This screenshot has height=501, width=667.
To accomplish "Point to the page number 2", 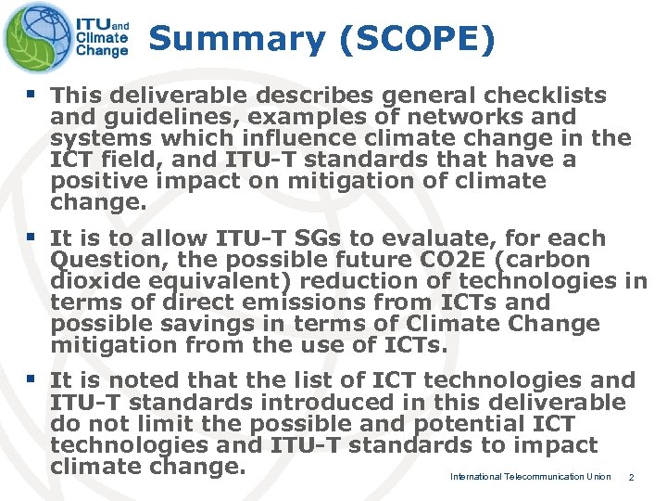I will point(631,477).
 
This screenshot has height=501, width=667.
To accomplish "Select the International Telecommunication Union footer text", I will point(530,477).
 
